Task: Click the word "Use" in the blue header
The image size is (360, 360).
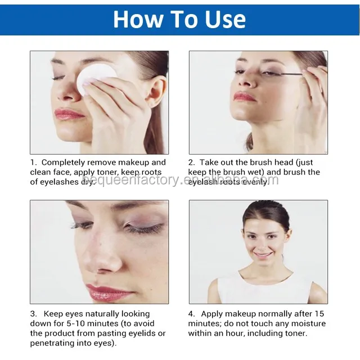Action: tap(225, 19)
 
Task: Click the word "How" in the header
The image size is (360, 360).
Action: tap(139, 19)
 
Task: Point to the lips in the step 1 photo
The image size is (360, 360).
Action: tap(69, 114)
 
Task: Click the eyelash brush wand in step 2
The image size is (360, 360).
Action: tap(287, 74)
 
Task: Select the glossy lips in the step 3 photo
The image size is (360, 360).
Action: tap(110, 292)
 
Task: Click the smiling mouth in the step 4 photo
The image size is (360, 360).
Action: tap(263, 255)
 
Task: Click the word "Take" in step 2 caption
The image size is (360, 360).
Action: tap(209, 163)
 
